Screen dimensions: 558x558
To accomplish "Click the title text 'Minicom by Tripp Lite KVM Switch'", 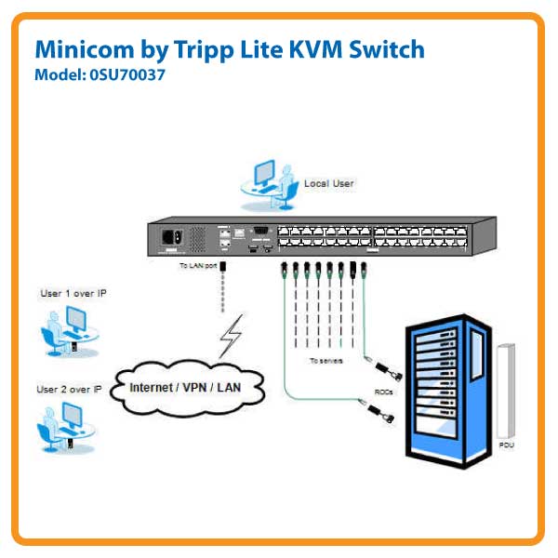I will [x=229, y=50].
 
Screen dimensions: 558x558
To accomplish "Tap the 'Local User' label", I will [x=329, y=183].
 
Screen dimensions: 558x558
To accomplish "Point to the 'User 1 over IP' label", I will [x=73, y=293].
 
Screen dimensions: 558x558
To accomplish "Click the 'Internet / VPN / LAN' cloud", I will [x=187, y=387].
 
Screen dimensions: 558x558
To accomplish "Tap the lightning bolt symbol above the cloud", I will [x=230, y=338].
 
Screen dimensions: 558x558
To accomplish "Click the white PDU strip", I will [x=506, y=391].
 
